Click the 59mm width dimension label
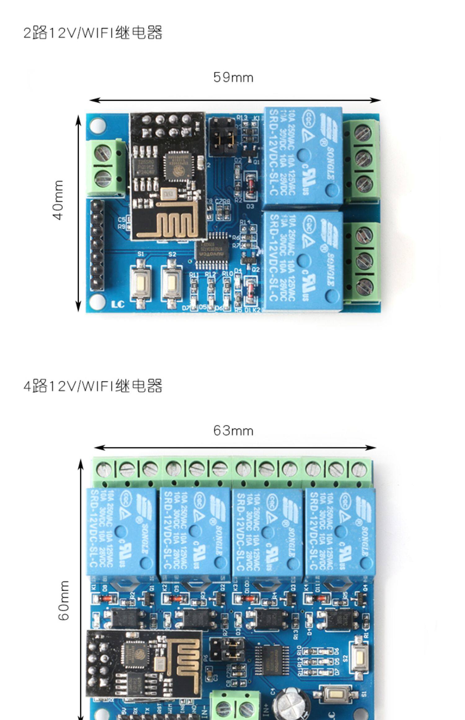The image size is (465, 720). coord(233,78)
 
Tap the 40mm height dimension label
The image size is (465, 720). coord(59,200)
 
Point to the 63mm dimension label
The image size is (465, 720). coord(233,431)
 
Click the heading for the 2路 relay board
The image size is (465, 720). coord(93,33)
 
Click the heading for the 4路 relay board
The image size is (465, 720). coord(93,386)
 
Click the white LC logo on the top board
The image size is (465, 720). coord(118,304)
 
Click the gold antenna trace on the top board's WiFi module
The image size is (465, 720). coord(175,220)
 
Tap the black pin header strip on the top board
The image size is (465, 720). coord(97,245)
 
